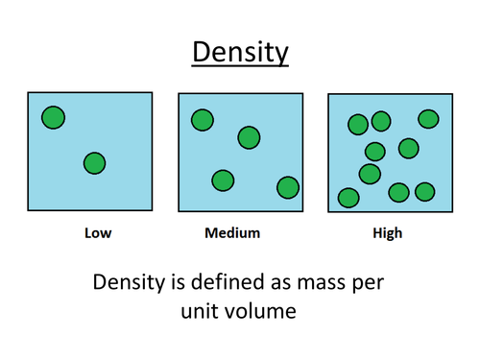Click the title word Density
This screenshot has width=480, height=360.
click(x=240, y=52)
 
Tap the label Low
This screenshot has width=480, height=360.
click(x=98, y=233)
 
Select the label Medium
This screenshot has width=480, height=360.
click(x=232, y=233)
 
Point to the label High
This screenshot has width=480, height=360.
click(x=389, y=233)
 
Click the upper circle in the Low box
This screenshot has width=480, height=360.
click(x=54, y=118)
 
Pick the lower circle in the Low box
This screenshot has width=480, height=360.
click(x=94, y=163)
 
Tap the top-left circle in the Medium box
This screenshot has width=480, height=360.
click(x=202, y=120)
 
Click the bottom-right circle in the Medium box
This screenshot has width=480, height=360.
click(x=287, y=187)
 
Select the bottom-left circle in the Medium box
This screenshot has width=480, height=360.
click(x=223, y=180)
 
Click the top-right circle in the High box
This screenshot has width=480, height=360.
click(x=428, y=118)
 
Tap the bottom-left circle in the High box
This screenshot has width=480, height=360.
click(x=348, y=198)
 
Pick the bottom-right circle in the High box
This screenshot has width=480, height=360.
click(x=424, y=192)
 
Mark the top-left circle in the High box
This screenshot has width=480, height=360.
click(x=358, y=124)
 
